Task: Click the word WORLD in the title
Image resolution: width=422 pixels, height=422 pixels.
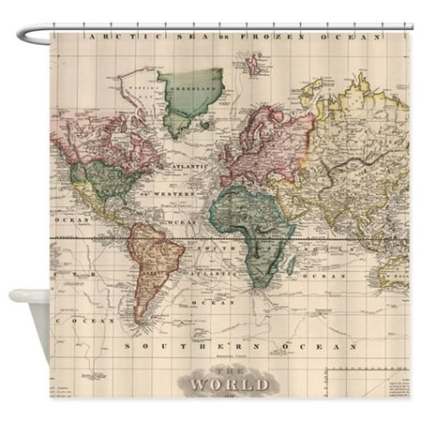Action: (x=230, y=384)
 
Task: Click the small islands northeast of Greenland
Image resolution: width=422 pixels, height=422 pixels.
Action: (x=254, y=65)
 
